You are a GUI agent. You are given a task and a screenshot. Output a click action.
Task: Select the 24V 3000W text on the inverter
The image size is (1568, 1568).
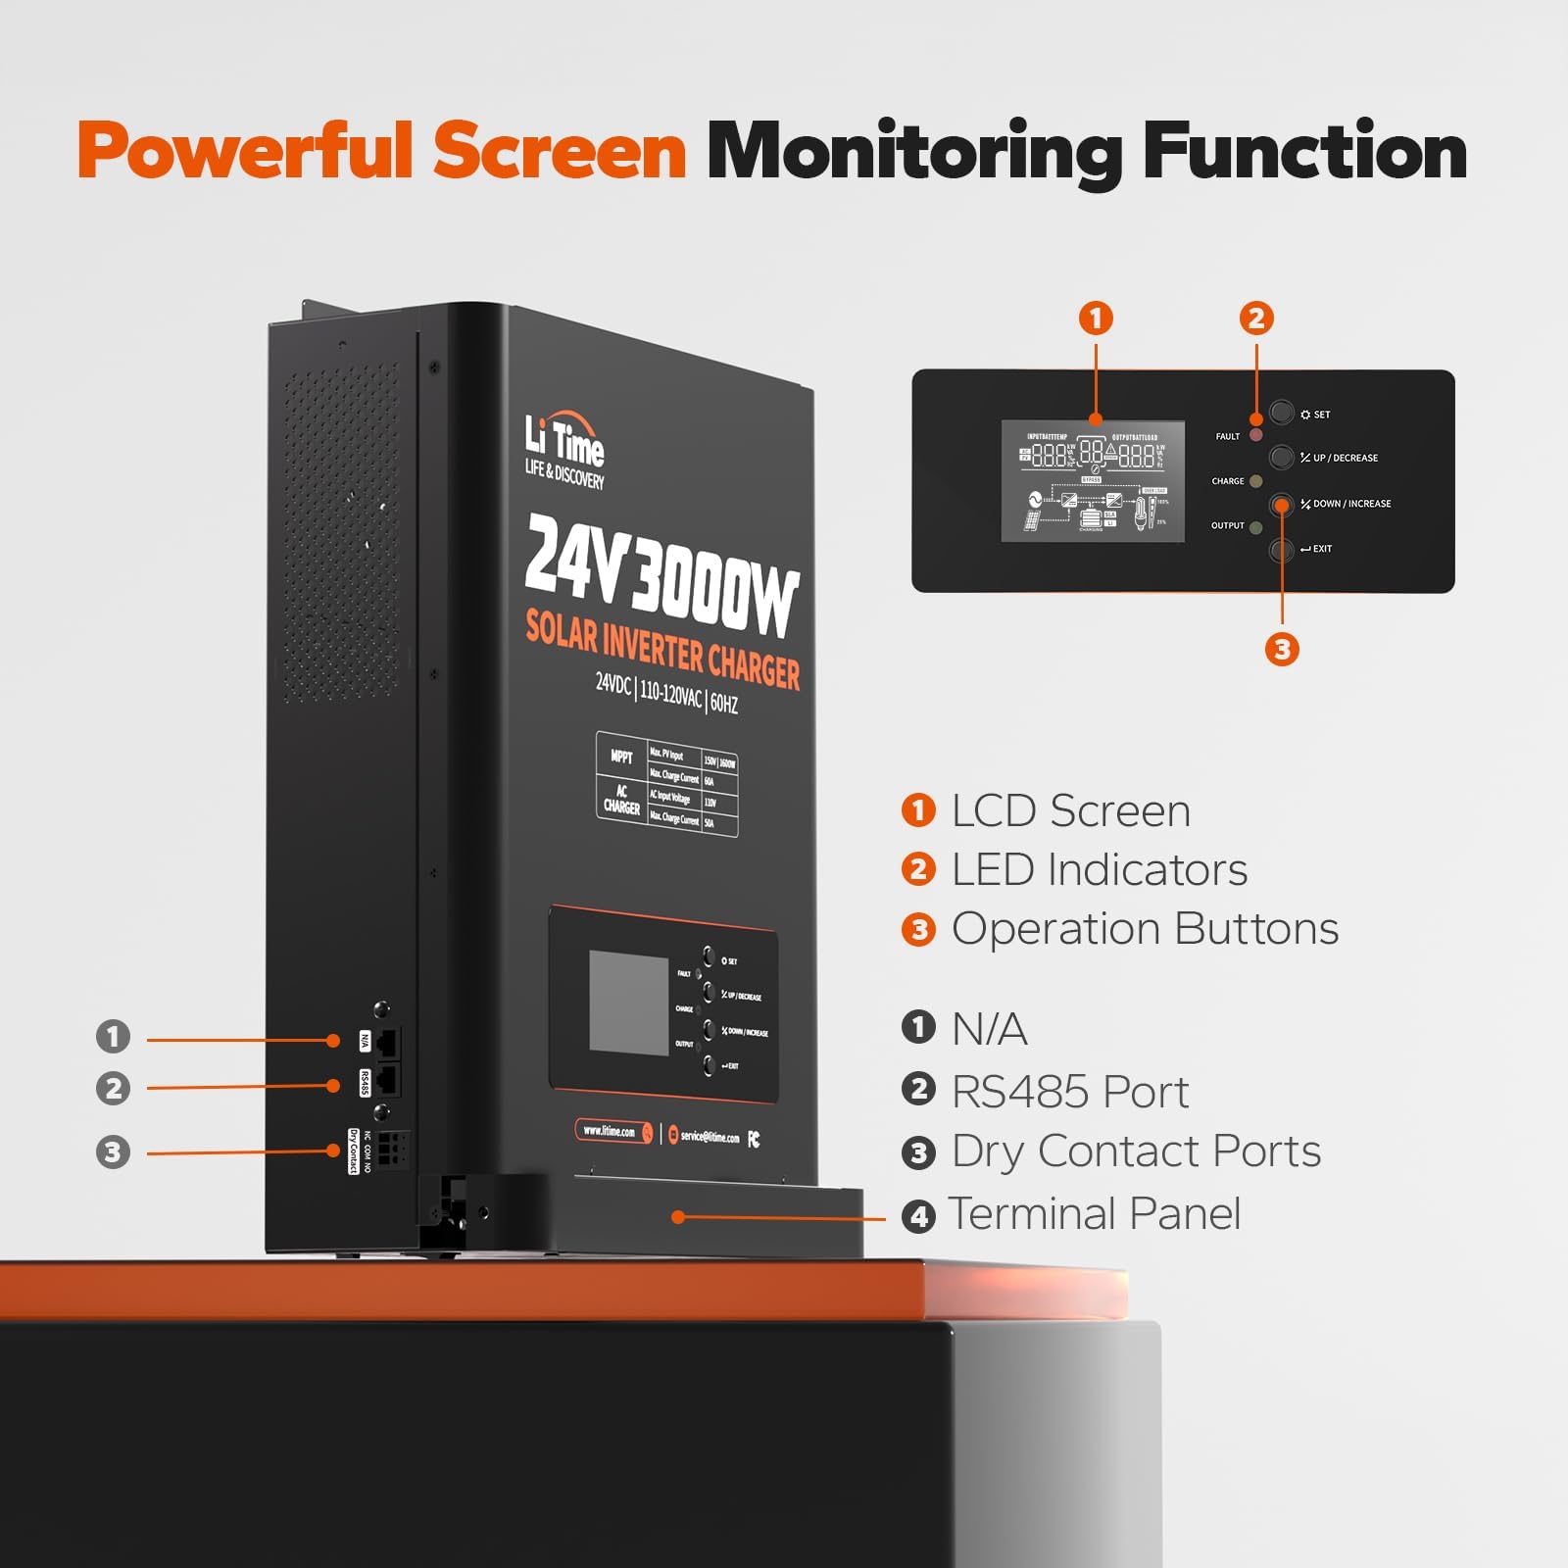click(x=661, y=573)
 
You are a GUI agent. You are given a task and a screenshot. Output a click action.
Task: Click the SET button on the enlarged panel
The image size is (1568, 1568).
click(x=1282, y=412)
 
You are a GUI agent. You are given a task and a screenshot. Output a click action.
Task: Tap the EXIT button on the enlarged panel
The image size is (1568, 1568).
click(x=1282, y=550)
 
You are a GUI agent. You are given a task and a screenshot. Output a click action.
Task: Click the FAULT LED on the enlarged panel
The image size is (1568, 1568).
click(x=1256, y=435)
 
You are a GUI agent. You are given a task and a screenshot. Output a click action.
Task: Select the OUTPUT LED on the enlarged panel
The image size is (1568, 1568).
click(x=1256, y=527)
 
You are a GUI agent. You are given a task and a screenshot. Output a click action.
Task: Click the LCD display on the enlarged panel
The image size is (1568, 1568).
click(x=1093, y=481)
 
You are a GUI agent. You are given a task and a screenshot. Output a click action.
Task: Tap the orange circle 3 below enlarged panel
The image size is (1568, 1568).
click(x=1282, y=649)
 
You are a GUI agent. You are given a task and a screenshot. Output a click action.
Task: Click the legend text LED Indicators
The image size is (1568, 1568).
click(x=1099, y=870)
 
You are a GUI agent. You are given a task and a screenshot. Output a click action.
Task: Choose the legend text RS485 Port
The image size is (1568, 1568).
click(x=1069, y=1092)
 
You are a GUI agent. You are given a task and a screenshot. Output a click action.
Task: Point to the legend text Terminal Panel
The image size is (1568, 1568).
click(x=1094, y=1214)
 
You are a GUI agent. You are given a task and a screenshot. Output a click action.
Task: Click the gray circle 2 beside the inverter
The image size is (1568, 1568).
click(x=113, y=1088)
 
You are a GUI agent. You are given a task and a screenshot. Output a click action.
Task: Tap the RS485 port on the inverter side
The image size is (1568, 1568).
click(x=387, y=1080)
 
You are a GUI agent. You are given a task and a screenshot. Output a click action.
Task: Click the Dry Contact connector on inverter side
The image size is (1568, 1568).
click(x=390, y=1150)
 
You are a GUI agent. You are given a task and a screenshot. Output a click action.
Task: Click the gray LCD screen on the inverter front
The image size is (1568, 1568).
click(x=628, y=1002)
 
